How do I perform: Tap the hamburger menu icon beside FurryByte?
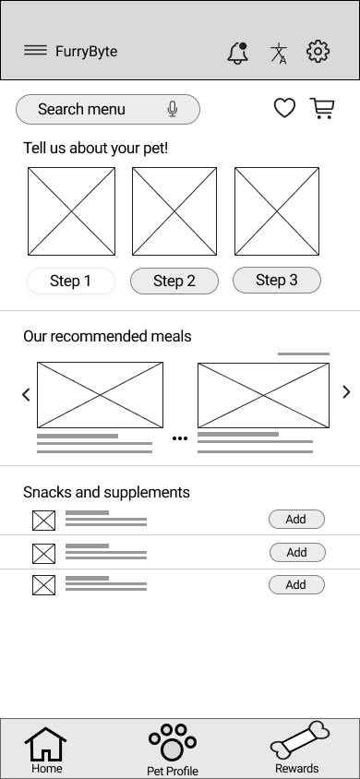click(35, 51)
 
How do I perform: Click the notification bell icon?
click(238, 53)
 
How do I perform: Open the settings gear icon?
click(318, 52)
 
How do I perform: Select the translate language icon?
click(279, 53)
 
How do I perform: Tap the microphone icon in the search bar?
click(173, 109)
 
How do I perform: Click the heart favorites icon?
click(285, 109)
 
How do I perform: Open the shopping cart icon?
click(322, 109)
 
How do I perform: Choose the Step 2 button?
click(174, 281)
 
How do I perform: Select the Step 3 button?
click(277, 280)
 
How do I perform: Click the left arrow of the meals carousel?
click(26, 394)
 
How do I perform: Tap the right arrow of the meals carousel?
click(346, 392)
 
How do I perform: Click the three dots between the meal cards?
click(180, 438)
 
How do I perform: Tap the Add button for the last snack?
click(296, 584)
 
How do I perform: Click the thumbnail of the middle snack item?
click(43, 554)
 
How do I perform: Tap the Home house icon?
click(46, 745)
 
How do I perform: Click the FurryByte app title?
click(86, 52)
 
